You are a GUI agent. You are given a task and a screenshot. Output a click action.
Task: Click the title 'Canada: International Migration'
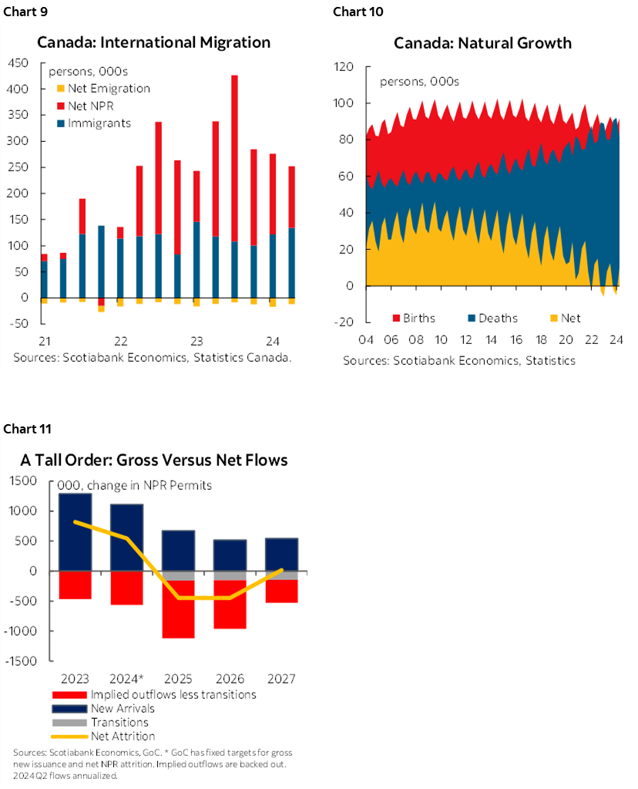click(154, 42)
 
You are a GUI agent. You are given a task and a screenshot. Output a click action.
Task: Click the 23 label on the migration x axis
click(196, 342)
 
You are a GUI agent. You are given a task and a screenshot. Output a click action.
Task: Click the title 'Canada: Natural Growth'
click(482, 42)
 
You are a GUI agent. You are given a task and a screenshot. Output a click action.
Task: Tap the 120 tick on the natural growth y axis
click(343, 67)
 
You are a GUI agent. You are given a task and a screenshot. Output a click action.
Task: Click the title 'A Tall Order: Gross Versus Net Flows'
click(154, 460)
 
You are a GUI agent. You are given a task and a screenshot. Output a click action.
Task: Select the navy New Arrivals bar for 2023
click(75, 532)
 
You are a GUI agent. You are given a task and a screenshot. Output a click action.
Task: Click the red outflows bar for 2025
click(177, 609)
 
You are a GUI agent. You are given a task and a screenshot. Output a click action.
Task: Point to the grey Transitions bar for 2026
click(230, 575)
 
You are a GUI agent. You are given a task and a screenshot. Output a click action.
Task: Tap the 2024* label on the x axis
click(126, 679)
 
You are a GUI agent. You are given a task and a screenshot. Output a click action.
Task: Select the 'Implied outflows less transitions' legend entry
click(153, 694)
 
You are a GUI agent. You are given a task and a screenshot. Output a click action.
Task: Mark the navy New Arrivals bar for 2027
click(282, 554)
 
